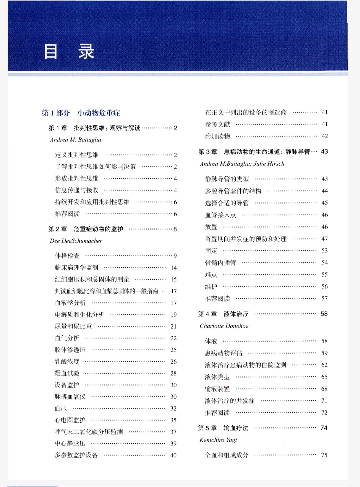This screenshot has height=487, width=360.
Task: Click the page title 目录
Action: pyautogui.click(x=69, y=52)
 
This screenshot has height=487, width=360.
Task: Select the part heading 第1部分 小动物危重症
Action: pyautogui.click(x=81, y=113)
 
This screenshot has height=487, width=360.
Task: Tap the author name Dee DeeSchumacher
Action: pyautogui.click(x=76, y=241)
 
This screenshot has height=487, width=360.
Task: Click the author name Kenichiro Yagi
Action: pyautogui.click(x=218, y=440)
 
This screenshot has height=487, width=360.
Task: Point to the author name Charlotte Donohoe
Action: pyautogui.click(x=224, y=326)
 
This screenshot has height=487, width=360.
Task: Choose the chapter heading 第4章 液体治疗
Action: pyautogui.click(x=223, y=314)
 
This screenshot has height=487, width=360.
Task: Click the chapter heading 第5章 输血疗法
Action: pyautogui.click(x=223, y=428)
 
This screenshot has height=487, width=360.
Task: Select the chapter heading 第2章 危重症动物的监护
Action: pyautogui.click(x=86, y=229)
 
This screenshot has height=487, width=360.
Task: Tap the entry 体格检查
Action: pyautogui.click(x=67, y=255)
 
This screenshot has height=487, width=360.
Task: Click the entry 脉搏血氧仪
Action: pyautogui.click(x=70, y=396)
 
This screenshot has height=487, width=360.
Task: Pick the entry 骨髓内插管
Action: pyautogui.click(x=220, y=262)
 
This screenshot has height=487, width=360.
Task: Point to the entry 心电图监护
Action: pyautogui.click(x=70, y=420)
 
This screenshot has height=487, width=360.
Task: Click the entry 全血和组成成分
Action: pyautogui.click(x=227, y=455)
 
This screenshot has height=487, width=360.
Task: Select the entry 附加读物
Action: pyautogui.click(x=217, y=136)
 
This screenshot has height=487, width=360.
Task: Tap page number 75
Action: pyautogui.click(x=324, y=455)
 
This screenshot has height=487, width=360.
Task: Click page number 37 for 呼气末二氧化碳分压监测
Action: pyautogui.click(x=173, y=432)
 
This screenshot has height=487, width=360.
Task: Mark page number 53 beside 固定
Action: pyautogui.click(x=324, y=250)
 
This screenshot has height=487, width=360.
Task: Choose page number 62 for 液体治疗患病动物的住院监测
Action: pyautogui.click(x=324, y=365)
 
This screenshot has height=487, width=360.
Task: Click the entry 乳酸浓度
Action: pyautogui.click(x=67, y=361)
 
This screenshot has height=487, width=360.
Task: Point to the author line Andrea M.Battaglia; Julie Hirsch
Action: pyautogui.click(x=242, y=163)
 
